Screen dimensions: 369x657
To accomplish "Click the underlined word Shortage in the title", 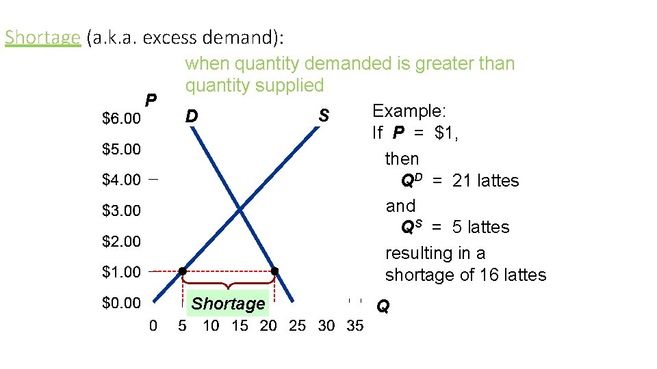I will tap(42, 37).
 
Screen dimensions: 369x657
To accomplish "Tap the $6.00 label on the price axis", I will tap(121, 119).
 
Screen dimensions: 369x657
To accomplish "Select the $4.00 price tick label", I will tap(121, 180).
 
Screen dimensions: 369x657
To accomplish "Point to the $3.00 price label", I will tap(121, 211).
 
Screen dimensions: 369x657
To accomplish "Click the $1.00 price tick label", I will tap(121, 272).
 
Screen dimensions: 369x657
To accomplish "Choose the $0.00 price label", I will tap(121, 303).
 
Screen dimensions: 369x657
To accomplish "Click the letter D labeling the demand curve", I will tap(192, 117).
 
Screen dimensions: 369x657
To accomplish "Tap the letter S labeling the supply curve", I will tap(324, 117).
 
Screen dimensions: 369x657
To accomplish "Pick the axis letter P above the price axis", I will tap(151, 100).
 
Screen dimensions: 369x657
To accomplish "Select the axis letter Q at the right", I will tap(383, 307).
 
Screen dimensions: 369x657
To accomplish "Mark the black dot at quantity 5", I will tap(183, 271).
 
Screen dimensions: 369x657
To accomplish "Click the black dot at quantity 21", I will tap(274, 271).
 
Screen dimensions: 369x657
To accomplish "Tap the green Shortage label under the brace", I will tap(228, 304).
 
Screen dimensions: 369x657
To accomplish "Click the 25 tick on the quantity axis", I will tap(297, 326).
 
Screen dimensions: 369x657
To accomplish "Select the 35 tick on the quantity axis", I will tap(355, 326).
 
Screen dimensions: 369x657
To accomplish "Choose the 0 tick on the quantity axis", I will tap(153, 326).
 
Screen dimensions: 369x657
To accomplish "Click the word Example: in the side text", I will tap(409, 111).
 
